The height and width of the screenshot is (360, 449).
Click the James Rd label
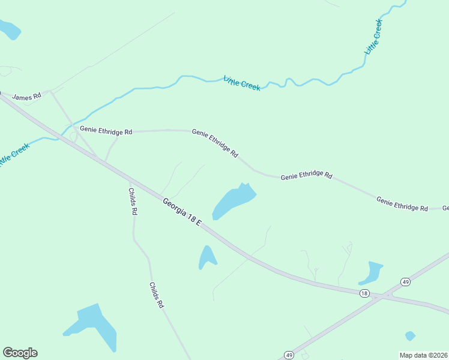click(x=26, y=96)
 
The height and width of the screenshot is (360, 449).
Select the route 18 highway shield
click(x=364, y=293)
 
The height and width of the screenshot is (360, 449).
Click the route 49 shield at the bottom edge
click(x=289, y=355)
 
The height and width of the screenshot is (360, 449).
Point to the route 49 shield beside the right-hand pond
click(x=406, y=281)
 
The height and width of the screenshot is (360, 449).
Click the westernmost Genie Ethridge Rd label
click(x=106, y=130)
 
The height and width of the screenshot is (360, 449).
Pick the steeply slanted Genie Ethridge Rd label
click(x=215, y=143)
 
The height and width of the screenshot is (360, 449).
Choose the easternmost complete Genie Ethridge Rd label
click(x=402, y=203)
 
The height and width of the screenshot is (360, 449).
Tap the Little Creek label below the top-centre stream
click(x=242, y=83)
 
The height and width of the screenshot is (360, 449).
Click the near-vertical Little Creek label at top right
click(x=373, y=37)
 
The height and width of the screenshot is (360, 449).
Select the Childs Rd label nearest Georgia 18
click(x=133, y=202)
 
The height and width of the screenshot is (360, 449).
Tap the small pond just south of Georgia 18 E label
click(x=207, y=256)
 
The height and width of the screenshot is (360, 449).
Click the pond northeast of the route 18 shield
click(x=371, y=273)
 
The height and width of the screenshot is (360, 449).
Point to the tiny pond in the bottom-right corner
click(x=410, y=335)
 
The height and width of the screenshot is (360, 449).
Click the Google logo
click(x=20, y=353)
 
